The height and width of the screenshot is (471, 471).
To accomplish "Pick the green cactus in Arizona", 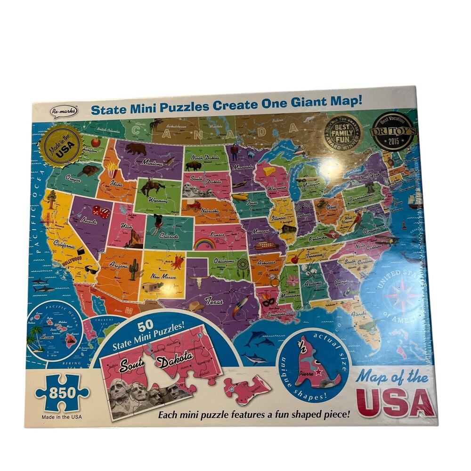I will click(133, 269).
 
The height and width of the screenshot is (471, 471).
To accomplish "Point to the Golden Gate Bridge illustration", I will click(47, 219).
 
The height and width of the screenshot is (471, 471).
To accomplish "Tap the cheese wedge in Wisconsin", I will click(269, 171).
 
